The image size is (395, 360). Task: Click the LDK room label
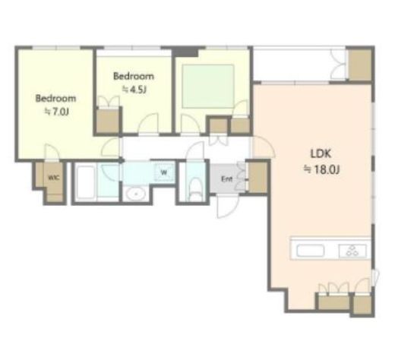click(321, 153)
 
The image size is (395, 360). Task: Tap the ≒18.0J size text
click(321, 169)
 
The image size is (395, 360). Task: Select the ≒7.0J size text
click(56, 112)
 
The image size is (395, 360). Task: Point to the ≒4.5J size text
click(134, 90)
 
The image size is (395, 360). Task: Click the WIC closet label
click(54, 178)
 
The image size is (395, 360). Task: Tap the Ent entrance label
click(226, 179)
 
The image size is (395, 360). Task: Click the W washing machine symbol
click(164, 172)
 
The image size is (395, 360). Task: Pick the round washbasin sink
click(136, 194)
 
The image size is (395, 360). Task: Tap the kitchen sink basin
click(311, 251)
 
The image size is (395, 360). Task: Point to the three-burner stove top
click(352, 251)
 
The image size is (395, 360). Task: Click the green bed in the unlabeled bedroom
click(208, 87)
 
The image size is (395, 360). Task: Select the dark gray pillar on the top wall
click(185, 52)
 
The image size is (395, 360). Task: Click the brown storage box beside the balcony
click(360, 65)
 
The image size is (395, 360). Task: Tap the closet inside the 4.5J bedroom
click(108, 121)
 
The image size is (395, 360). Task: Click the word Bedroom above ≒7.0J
click(55, 98)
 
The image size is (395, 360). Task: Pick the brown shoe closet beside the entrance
click(258, 177)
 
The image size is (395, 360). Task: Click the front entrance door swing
click(228, 206)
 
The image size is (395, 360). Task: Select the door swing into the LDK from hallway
click(264, 147)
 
